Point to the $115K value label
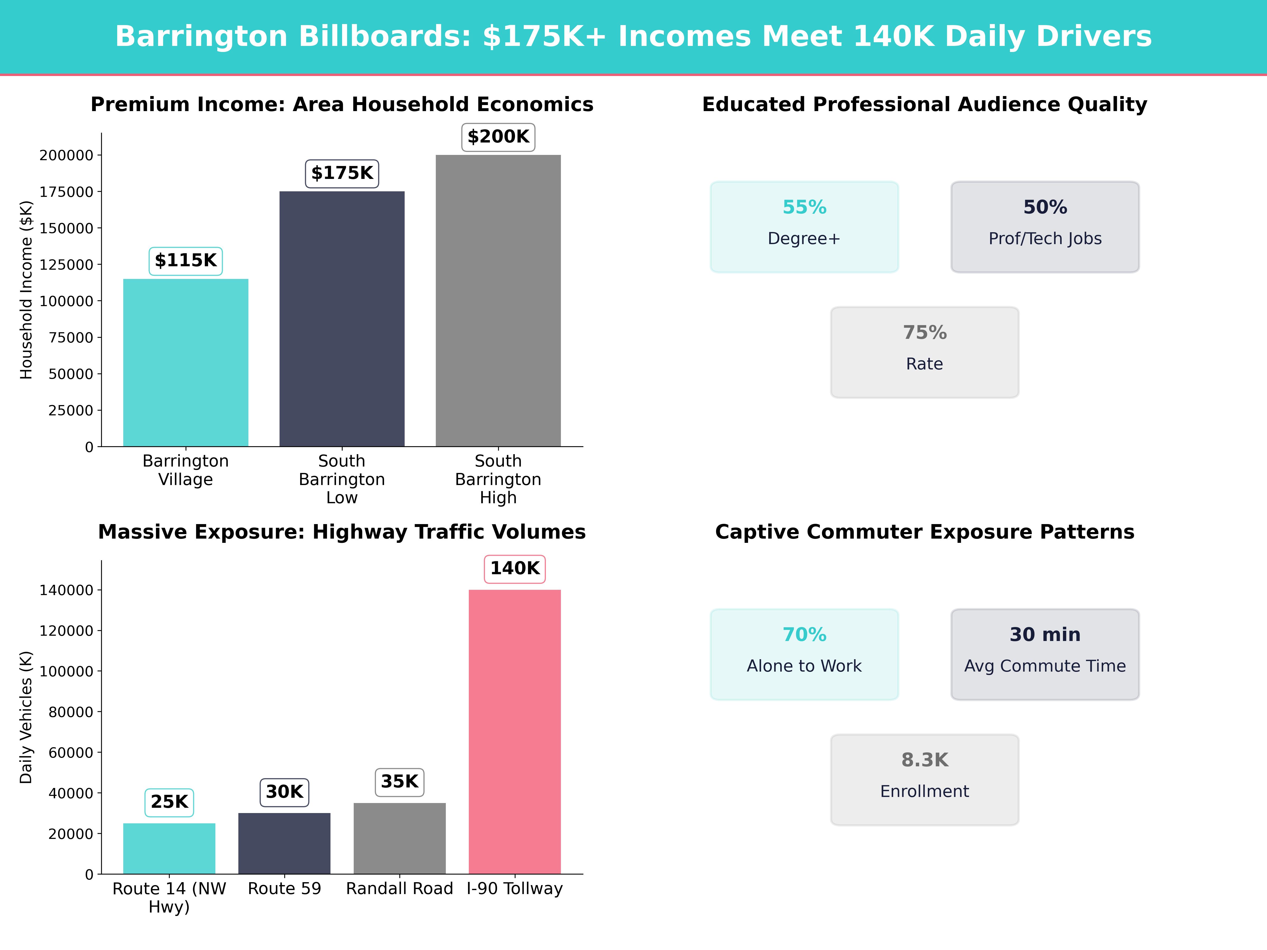[x=186, y=260]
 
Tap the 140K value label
[x=514, y=569]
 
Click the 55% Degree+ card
[x=804, y=227]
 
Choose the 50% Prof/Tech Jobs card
[x=1045, y=227]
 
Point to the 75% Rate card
[x=924, y=352]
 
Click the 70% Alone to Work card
[x=804, y=654]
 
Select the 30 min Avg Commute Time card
[x=1045, y=654]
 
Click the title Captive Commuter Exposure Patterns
[x=924, y=532]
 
